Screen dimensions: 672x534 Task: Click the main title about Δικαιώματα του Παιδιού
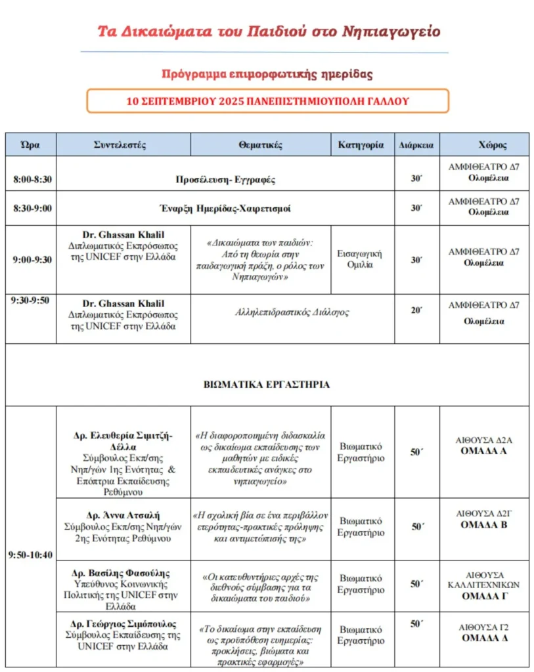267,31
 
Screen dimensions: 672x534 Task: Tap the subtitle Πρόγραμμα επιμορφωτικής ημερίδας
267,74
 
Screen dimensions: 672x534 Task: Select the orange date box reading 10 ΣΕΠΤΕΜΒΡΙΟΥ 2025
267,101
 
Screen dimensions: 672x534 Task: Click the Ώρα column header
30,145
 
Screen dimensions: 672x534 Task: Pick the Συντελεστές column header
123,145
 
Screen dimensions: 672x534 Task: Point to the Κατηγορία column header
361,145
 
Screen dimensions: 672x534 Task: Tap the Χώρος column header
483,145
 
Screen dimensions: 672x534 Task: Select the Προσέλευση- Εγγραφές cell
225,178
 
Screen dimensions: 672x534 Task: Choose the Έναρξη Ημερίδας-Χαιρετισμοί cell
225,208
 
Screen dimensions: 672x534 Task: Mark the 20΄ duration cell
416,310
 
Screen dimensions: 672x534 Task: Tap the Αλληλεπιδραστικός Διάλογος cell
292,312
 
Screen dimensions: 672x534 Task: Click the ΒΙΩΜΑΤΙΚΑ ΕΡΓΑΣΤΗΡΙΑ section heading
267,385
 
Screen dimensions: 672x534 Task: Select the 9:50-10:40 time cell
30,555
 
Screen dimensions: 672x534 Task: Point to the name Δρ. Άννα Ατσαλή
123,515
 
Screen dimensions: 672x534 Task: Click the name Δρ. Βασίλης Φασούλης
123,572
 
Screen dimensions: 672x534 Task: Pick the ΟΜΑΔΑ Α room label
483,451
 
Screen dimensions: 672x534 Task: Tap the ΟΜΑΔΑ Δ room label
483,638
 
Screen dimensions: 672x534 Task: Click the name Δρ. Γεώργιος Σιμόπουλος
123,624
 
